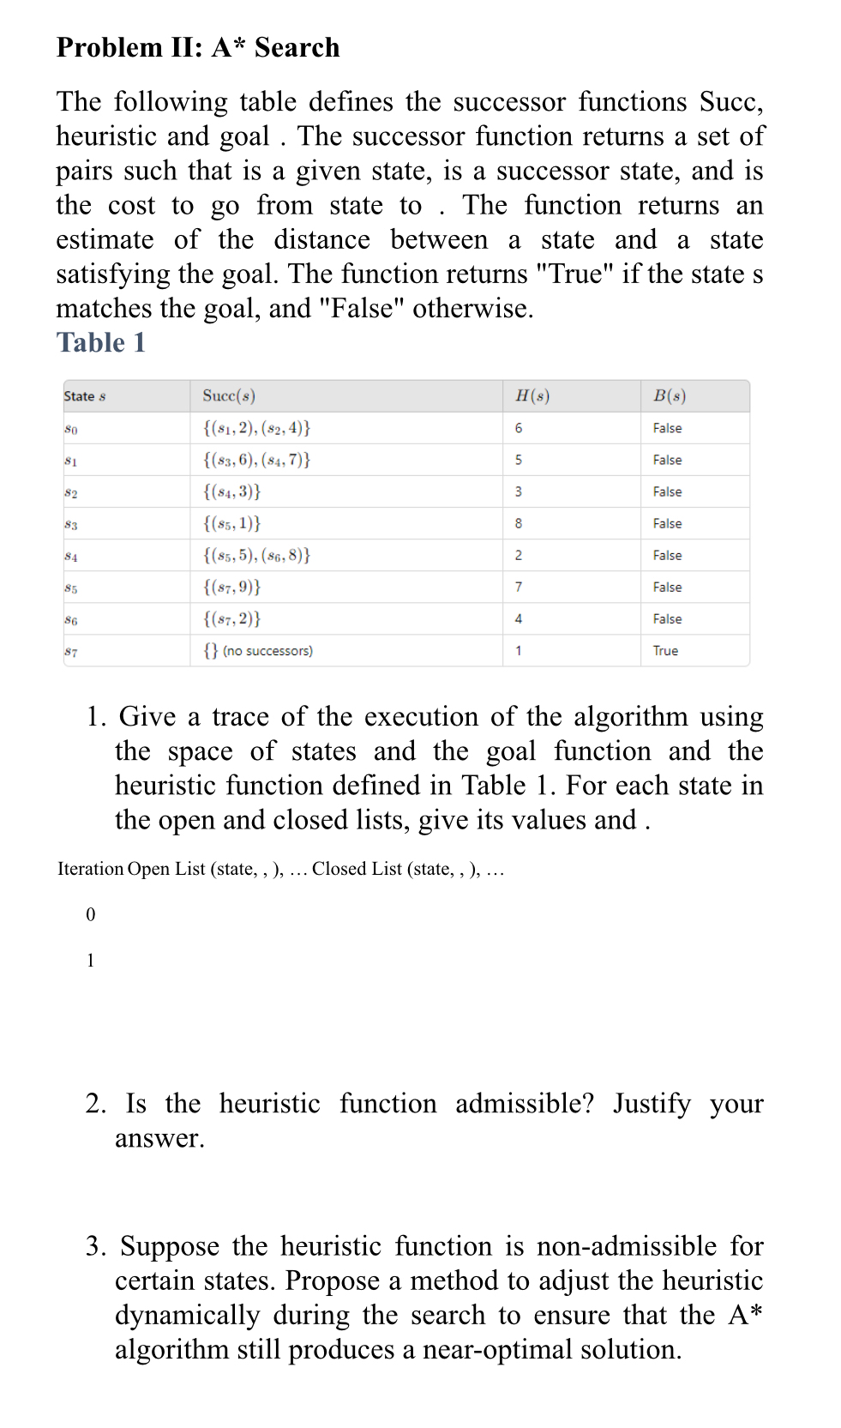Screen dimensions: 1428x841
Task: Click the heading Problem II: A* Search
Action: coord(198,47)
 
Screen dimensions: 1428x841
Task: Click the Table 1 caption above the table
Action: coord(101,343)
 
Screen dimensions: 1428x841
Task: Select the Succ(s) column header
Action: coord(229,395)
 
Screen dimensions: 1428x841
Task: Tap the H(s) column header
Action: coord(532,395)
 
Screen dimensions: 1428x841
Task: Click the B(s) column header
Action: coord(670,395)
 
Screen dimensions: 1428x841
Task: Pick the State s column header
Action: coord(85,396)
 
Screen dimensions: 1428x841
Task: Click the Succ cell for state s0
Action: coord(257,427)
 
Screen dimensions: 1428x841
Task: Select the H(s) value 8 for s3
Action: coord(519,523)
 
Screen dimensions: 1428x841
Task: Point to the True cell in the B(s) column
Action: coord(665,651)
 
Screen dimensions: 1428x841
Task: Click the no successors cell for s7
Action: coord(258,651)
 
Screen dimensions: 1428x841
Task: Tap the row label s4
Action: coord(71,556)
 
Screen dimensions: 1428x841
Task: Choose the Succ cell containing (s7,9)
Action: coord(232,587)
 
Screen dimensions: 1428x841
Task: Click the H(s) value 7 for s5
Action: coord(519,587)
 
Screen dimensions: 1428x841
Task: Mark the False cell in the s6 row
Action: coord(667,619)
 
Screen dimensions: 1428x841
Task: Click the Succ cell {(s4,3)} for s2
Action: coord(232,491)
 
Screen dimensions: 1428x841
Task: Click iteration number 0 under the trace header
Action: coord(91,915)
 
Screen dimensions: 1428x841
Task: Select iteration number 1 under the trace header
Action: coord(91,961)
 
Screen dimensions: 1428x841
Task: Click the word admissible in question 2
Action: coord(524,1103)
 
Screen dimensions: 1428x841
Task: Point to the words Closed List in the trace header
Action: coord(357,869)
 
